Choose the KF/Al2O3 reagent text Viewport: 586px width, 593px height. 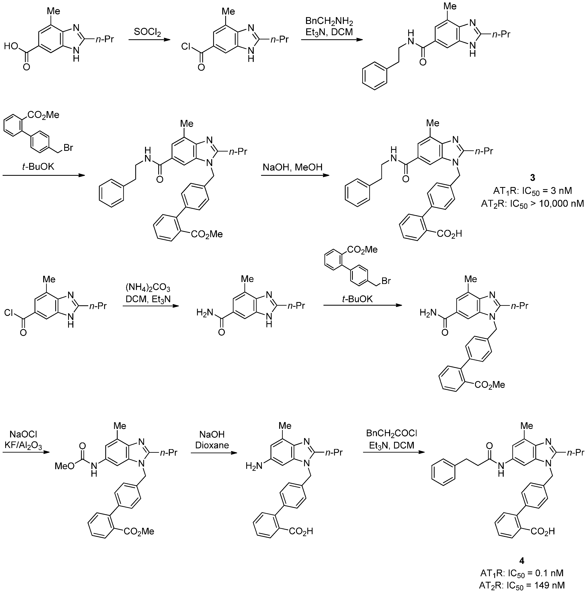(x=23, y=445)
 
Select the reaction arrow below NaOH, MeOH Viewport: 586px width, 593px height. (x=295, y=175)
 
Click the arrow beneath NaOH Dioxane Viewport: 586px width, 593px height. (x=214, y=453)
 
